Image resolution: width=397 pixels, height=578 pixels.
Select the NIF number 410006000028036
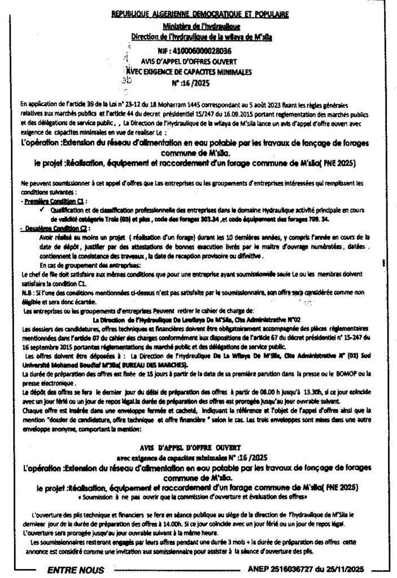tap(206, 51)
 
